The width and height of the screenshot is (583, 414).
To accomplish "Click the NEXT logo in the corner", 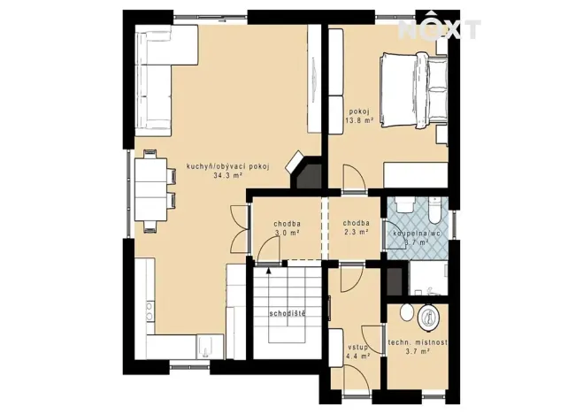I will pos(439,27).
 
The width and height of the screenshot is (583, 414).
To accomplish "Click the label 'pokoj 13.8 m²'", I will pos(357,114).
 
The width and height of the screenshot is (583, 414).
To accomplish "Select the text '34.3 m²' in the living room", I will pos(228,176).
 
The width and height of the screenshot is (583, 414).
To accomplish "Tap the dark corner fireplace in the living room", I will pos(305,173).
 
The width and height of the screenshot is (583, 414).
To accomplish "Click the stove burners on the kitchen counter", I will pos(148,312).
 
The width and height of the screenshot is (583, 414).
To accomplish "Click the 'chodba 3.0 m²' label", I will pos(285,228).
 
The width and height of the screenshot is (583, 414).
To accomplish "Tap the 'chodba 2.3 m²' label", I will pos(356,228).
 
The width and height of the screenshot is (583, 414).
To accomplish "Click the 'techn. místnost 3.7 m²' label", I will pos(418,346).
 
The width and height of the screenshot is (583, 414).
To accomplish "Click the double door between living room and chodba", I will pos(238,227).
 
